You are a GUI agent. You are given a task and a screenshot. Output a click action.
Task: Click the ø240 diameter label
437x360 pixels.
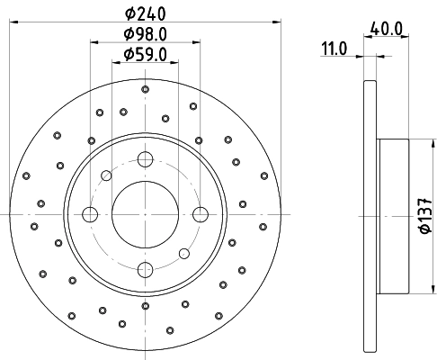(144, 13)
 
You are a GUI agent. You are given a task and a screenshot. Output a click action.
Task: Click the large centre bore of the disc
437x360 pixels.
(144, 213)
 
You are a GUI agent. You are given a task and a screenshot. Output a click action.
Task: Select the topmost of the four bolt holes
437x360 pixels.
(144, 159)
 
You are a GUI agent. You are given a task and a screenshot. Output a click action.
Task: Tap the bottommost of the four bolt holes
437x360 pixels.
(144, 267)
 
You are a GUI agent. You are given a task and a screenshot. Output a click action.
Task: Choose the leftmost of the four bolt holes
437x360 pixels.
(90, 213)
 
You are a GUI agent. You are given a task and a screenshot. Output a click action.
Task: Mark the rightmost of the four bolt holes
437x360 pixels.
(198, 213)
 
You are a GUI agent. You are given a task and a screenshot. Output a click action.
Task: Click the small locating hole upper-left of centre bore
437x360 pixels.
(106, 175)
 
